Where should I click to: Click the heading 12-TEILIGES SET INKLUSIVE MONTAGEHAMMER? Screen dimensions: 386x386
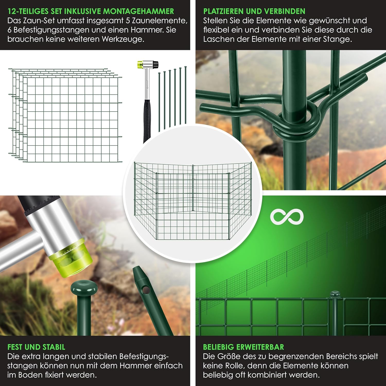pyautogui.click(x=91, y=11)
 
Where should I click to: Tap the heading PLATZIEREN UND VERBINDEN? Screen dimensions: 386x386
pyautogui.click(x=254, y=11)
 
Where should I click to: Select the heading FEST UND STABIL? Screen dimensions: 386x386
pyautogui.click(x=36, y=347)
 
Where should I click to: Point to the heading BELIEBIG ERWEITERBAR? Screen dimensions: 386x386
pyautogui.click(x=243, y=347)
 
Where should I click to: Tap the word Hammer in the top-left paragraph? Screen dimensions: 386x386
pyautogui.click(x=147, y=30)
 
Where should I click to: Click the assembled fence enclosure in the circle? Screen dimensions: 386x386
pyautogui.click(x=193, y=200)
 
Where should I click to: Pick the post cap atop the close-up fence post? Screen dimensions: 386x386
pyautogui.click(x=335, y=294)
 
